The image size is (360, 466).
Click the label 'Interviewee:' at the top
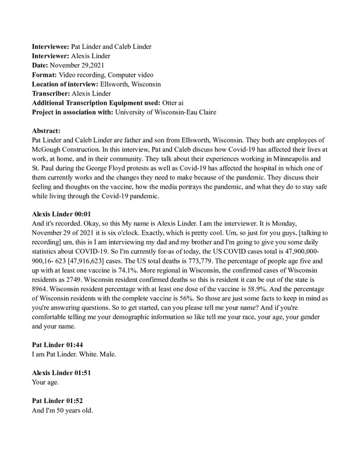click(50, 45)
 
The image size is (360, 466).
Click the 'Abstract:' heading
click(47, 131)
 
